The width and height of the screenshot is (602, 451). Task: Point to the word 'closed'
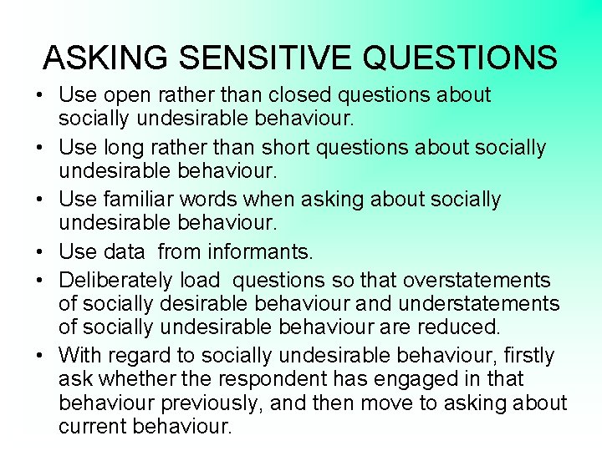(288, 96)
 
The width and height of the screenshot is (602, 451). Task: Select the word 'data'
(124, 251)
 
